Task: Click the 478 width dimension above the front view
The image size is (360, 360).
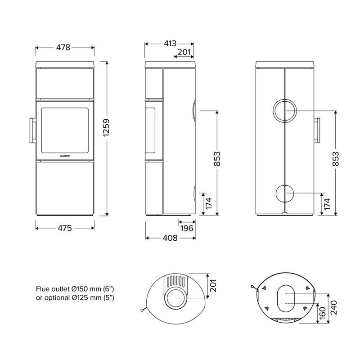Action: [x=63, y=48]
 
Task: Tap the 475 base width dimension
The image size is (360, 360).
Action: [x=65, y=228]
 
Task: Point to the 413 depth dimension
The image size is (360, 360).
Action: [x=170, y=43]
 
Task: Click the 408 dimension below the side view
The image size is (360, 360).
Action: [x=170, y=238]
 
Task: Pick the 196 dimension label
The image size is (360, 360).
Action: [x=187, y=228]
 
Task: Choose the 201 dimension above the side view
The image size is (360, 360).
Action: [x=184, y=52]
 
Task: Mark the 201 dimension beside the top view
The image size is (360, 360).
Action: [x=213, y=286]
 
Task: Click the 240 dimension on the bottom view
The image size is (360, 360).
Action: [x=333, y=308]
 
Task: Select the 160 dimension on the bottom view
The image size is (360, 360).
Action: [x=323, y=312]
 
